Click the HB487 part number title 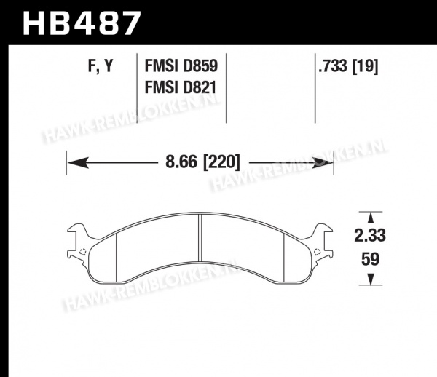(82, 23)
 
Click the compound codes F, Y (101, 66)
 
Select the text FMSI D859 (181, 66)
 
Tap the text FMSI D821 (181, 87)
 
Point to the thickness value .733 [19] (348, 66)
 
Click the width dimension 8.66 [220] (202, 162)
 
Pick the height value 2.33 (370, 235)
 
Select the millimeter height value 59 (371, 259)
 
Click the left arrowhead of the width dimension (78, 163)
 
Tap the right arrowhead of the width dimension (323, 163)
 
